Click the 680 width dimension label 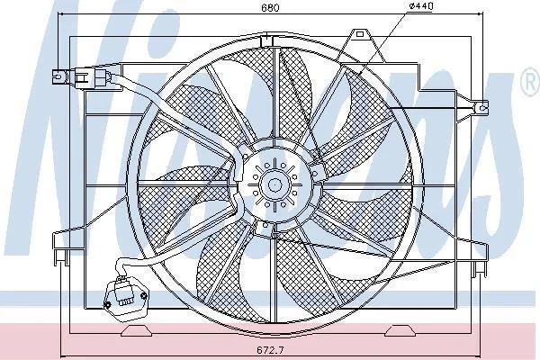[270, 7]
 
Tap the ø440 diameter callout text [421, 6]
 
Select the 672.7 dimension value [270, 350]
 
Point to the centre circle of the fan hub [274, 185]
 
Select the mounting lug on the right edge [481, 108]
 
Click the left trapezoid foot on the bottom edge [137, 331]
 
